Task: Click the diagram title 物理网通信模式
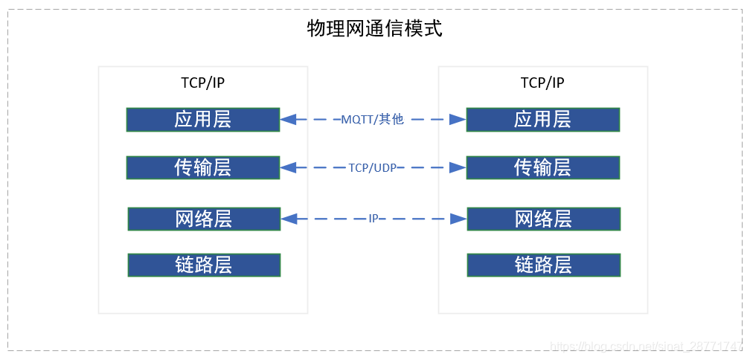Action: tap(374, 29)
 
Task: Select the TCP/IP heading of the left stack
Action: tap(202, 83)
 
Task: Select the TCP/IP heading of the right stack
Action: tap(542, 83)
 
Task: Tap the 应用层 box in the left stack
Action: tap(203, 120)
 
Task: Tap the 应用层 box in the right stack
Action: tap(542, 120)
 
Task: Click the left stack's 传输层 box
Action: tap(203, 168)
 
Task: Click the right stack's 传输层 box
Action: tap(542, 168)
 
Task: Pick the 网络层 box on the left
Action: tap(204, 219)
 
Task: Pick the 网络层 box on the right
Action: tap(543, 219)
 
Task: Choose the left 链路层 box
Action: tap(204, 265)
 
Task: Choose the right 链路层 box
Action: tap(543, 265)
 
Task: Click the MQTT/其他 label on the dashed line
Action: tap(372, 119)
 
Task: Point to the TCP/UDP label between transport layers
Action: tap(373, 168)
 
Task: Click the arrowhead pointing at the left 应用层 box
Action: tap(289, 119)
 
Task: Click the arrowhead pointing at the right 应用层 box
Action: tap(458, 119)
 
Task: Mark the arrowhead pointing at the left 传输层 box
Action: tap(289, 168)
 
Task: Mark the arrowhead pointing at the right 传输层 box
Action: tap(458, 168)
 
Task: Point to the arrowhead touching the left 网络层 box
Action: tap(289, 219)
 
